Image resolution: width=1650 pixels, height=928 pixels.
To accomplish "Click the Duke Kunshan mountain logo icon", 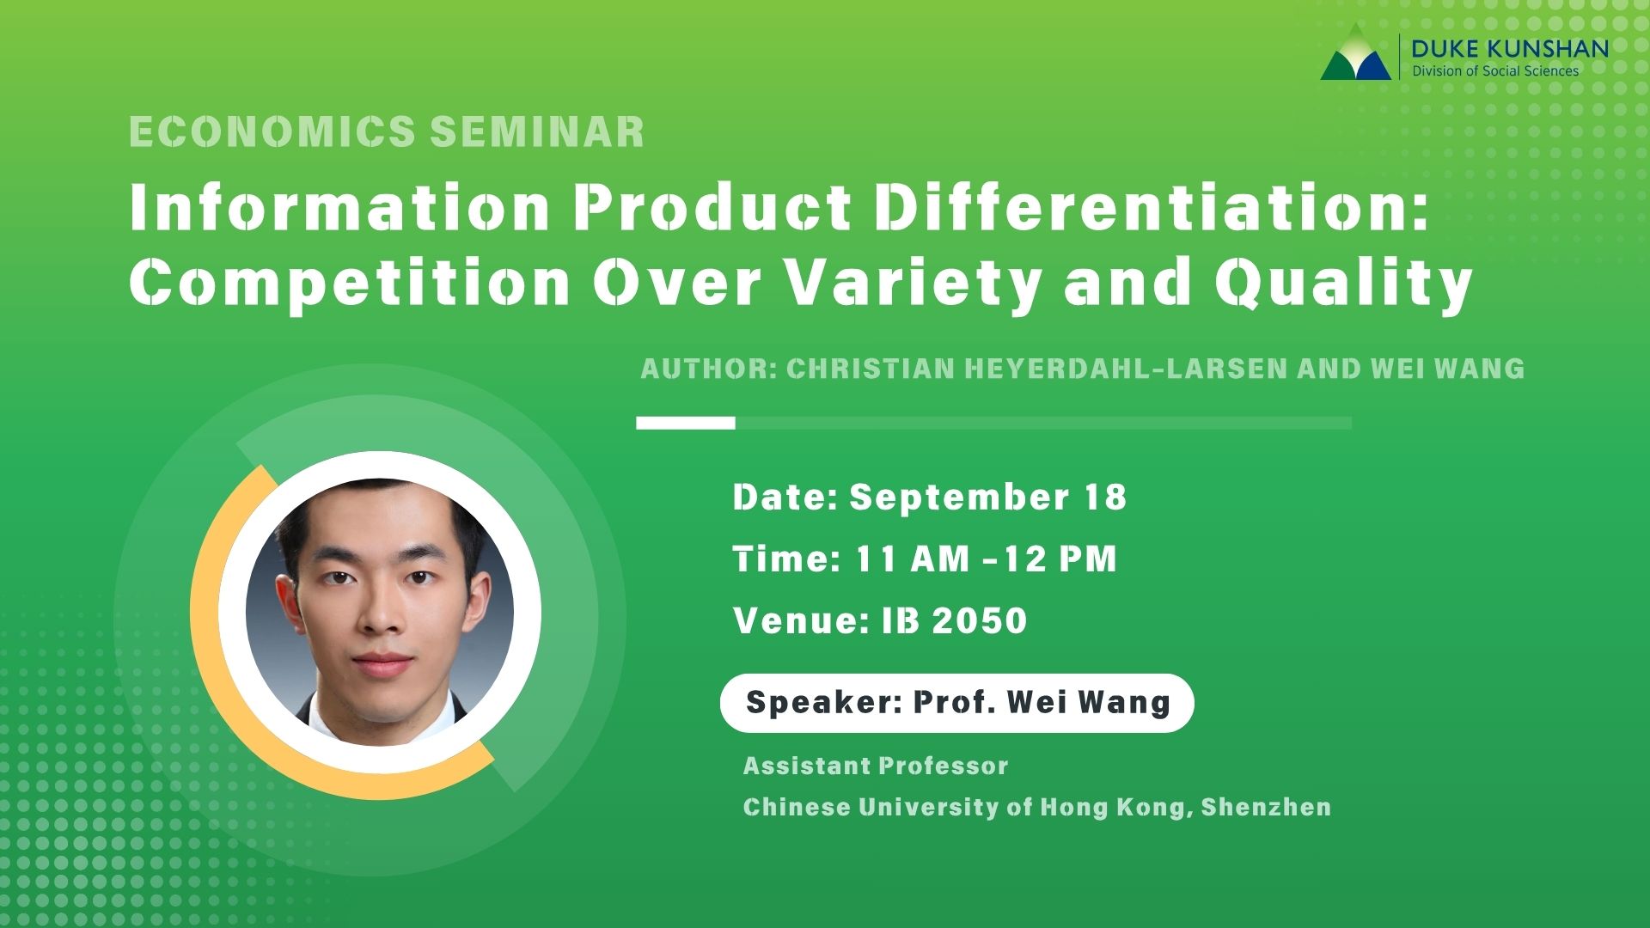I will [x=1355, y=57].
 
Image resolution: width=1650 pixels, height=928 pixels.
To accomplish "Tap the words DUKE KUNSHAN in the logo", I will [x=1509, y=48].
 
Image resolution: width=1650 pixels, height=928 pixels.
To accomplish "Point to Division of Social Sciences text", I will [x=1495, y=71].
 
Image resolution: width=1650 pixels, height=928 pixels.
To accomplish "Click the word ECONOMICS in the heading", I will [x=272, y=132].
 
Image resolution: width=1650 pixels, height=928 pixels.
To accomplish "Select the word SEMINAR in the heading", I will [x=537, y=132].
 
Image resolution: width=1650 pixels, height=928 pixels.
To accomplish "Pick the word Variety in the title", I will [x=914, y=283].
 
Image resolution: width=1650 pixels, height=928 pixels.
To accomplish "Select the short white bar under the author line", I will [x=685, y=423].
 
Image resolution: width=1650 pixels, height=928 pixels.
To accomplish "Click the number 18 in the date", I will [x=1104, y=498].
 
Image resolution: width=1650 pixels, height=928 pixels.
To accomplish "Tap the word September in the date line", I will [x=959, y=498].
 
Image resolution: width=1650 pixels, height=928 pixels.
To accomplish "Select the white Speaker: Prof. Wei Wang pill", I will [x=956, y=703].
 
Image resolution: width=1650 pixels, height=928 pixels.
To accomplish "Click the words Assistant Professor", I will [x=875, y=766].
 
